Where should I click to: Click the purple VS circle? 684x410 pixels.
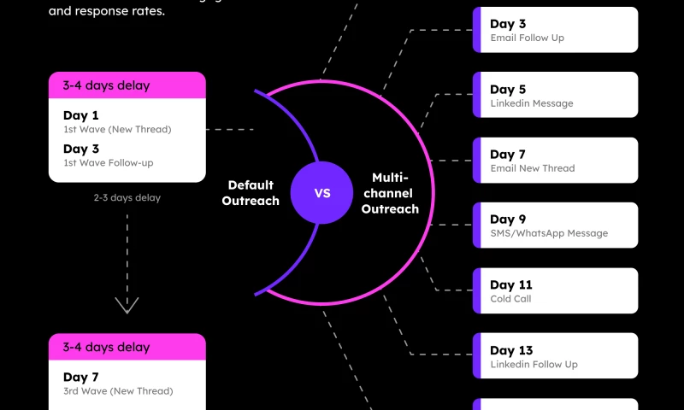coord(322,193)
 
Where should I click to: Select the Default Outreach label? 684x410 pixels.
coord(251,193)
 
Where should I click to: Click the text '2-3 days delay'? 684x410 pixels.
coord(127,197)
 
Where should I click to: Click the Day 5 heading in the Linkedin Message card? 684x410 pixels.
coord(508,90)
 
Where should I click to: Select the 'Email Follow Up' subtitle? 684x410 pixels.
coord(527,38)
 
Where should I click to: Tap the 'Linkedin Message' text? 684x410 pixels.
coord(531,103)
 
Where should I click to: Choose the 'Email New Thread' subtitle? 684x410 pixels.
coord(532,168)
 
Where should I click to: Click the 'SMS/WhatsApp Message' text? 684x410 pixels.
coord(549,233)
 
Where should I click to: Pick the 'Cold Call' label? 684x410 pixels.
coord(511,299)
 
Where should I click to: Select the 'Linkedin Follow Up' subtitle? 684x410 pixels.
coord(534,364)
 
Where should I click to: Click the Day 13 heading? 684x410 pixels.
coord(511,350)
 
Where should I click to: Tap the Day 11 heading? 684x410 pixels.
coord(510,285)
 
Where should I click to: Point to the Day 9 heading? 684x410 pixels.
coord(508,220)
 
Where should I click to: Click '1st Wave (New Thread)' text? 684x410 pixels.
coord(117,130)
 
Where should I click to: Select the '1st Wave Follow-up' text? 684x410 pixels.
coord(108,162)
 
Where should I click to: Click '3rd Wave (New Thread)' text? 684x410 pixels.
coord(118,391)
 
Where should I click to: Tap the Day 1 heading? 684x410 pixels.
coord(81,115)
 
